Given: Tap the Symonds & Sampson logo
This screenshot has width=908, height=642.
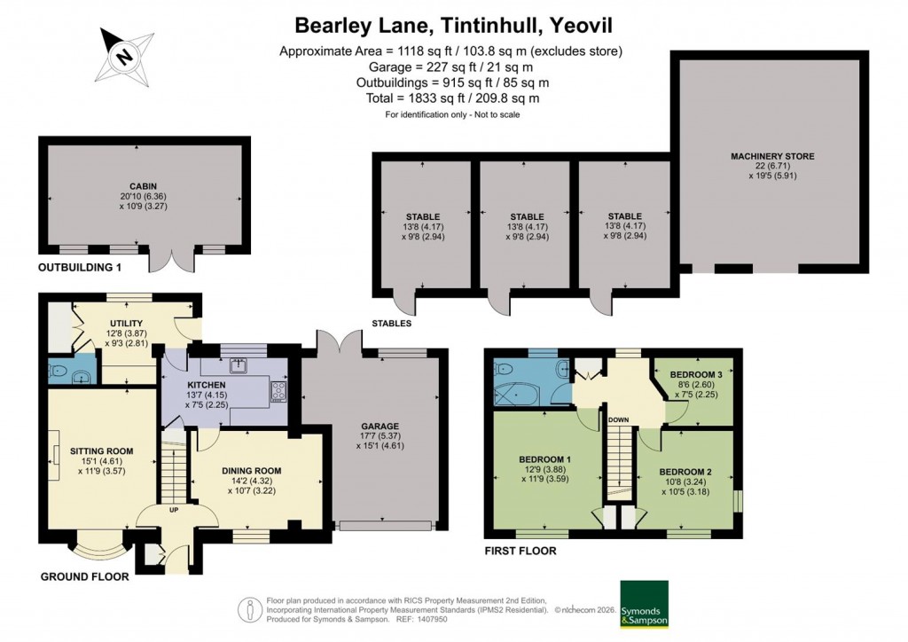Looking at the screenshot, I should click(x=644, y=605).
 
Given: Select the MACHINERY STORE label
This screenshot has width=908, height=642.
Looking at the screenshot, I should click(x=771, y=157).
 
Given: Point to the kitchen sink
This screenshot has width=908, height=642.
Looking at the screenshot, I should click(x=239, y=364).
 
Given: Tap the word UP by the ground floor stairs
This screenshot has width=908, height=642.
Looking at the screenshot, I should click(x=175, y=510).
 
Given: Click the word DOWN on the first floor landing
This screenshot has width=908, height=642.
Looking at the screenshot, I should click(x=619, y=420).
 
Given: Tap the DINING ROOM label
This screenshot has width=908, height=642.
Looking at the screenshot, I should click(x=253, y=471).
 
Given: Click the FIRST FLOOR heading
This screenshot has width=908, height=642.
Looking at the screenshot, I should click(x=521, y=551).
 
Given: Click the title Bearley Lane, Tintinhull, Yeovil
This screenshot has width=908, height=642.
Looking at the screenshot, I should click(x=453, y=23).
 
